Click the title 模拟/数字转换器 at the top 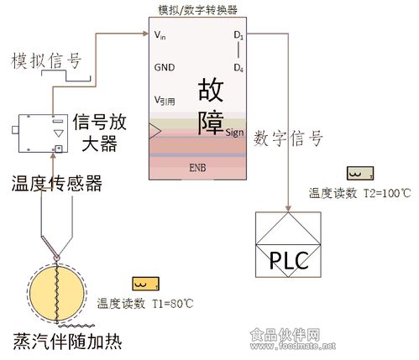tap(197, 10)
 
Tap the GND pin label tap(164, 66)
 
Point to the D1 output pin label tap(238, 35)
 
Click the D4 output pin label tap(238, 67)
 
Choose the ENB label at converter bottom tap(198, 168)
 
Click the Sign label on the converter tap(235, 132)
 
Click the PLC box tap(288, 245)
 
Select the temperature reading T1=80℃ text tap(139, 303)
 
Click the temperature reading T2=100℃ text tap(359, 193)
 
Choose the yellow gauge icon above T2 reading tap(359, 174)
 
